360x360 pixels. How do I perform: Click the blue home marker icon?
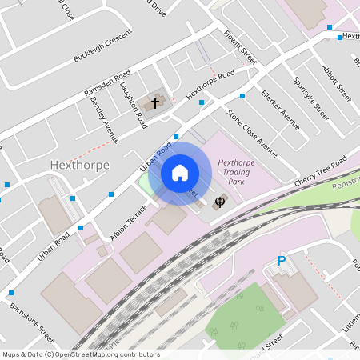(x=180, y=172)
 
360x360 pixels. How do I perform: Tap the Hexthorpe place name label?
(x=78, y=165)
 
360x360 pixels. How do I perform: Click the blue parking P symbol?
(x=281, y=261)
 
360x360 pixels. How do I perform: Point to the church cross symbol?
(x=155, y=103)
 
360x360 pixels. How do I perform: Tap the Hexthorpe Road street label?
(x=210, y=86)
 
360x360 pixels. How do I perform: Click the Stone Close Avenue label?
(x=251, y=133)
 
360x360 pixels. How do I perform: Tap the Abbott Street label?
(x=336, y=82)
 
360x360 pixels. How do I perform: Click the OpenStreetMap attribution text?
(x=81, y=354)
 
